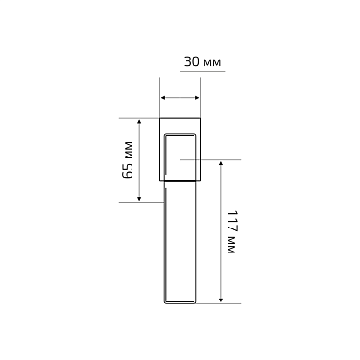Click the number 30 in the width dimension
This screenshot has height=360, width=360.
coord(190,63)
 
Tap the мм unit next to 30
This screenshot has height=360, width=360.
coord(212,63)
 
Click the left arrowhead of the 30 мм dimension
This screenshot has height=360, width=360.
coord(163,97)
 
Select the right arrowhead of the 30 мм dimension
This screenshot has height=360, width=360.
coord(196,97)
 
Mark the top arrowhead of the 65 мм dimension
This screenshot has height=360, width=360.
coord(140,122)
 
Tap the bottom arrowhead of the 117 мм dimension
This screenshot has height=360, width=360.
coord(222,299)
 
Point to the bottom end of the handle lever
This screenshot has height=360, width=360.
coord(180,301)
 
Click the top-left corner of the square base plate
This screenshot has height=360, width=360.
coord(160,119)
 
